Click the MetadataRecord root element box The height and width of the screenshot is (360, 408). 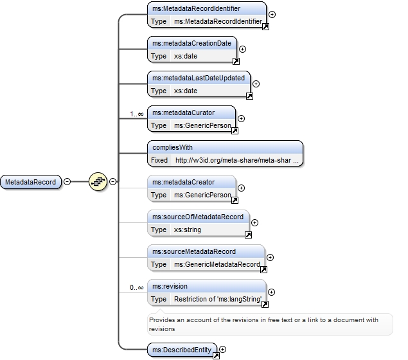31,182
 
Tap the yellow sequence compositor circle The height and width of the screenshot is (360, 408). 98,181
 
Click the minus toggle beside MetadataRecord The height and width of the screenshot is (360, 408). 67,181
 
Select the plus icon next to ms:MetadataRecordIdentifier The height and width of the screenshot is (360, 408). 272,14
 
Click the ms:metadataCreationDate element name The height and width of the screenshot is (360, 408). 191,43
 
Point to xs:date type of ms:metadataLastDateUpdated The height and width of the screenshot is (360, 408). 186,91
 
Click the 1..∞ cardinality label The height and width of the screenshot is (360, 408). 137,114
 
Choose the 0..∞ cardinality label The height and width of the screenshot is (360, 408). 137,287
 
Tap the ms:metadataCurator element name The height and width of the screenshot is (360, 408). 184,113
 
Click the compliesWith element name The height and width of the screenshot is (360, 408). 172,147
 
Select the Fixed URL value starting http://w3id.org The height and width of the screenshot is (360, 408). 237,160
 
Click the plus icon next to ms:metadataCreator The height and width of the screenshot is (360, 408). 241,188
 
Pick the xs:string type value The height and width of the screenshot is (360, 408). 188,230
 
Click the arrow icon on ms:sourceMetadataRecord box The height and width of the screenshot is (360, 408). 263,269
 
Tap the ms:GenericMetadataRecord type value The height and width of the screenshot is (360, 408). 217,264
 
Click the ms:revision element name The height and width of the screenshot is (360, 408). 170,286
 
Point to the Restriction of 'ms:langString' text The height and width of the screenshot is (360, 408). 218,300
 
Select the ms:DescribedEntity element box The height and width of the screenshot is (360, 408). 182,350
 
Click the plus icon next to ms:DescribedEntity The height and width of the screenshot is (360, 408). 222,349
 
